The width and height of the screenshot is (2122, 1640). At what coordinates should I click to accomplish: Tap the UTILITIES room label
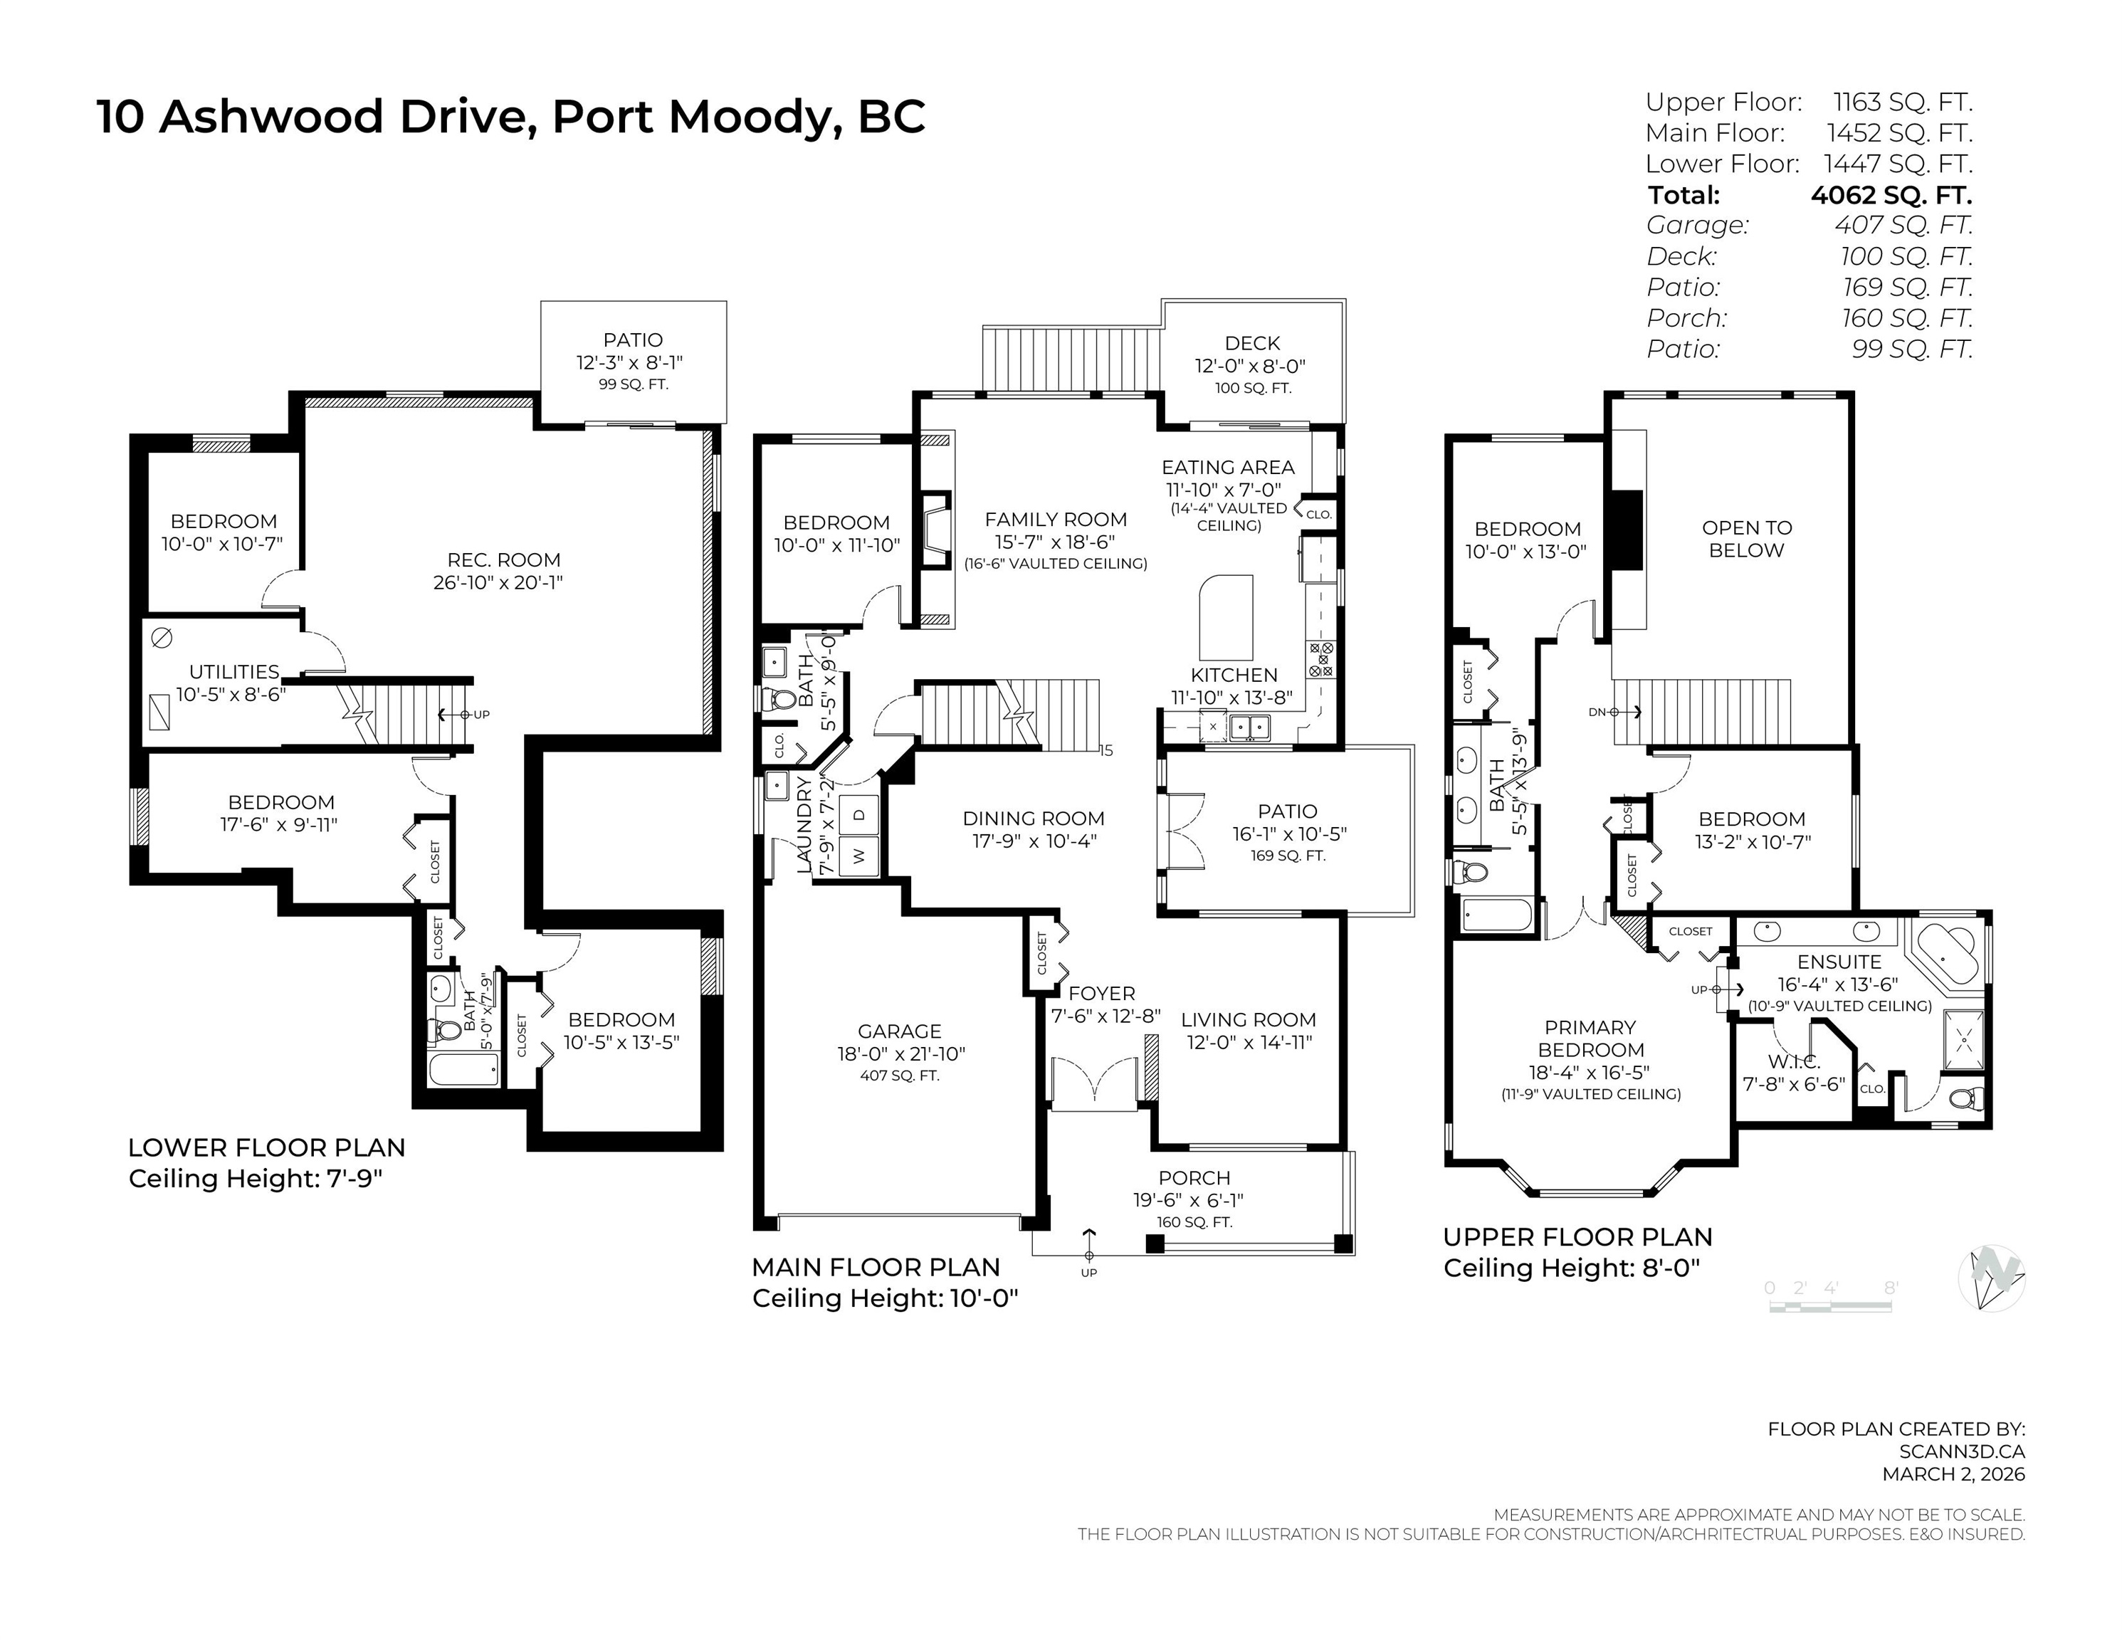tap(234, 671)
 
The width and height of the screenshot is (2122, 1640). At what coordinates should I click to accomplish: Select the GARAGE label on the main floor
tap(900, 1031)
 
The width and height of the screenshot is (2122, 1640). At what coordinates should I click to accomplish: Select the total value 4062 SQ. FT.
tap(1891, 195)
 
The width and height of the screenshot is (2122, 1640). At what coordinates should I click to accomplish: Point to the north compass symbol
tap(1992, 1277)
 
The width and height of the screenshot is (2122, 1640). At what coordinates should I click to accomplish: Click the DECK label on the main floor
tap(1252, 343)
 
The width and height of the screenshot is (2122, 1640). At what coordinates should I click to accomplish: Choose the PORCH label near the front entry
tap(1194, 1177)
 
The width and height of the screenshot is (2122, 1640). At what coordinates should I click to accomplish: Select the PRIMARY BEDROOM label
tap(1590, 1039)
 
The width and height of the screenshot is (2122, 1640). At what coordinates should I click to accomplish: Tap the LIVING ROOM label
tap(1249, 1019)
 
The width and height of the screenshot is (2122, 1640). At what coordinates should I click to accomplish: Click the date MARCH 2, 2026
tap(1954, 1474)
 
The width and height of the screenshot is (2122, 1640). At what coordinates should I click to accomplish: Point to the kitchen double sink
tap(1249, 727)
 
